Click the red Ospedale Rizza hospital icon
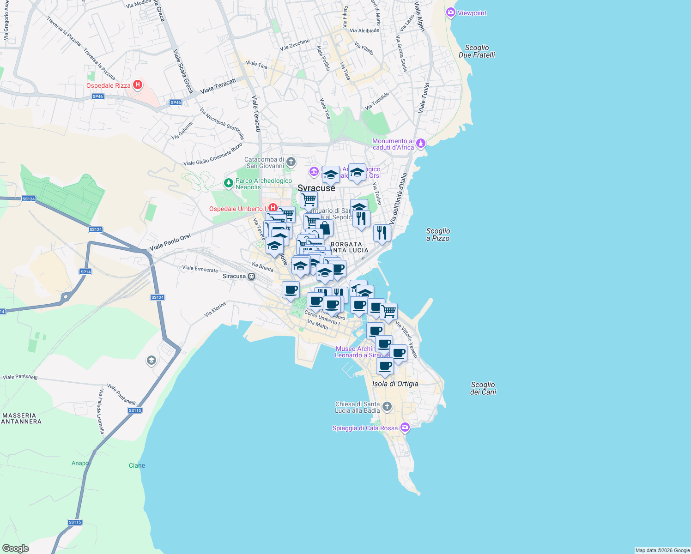click(x=137, y=85)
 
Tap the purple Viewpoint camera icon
click(x=451, y=13)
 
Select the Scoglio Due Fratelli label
click(x=477, y=51)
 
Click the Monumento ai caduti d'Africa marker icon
click(x=421, y=144)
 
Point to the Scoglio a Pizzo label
click(x=438, y=235)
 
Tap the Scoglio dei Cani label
click(x=483, y=388)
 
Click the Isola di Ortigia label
click(x=395, y=384)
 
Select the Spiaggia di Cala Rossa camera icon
click(x=405, y=428)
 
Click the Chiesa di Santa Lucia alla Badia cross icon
click(x=387, y=407)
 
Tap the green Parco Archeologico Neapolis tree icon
click(x=228, y=183)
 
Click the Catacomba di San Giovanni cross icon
click(x=291, y=162)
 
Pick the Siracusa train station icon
click(x=252, y=276)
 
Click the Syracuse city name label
click(x=316, y=188)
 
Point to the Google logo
click(x=15, y=548)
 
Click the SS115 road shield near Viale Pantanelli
click(x=135, y=410)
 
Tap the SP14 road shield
click(x=85, y=272)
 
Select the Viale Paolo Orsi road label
click(x=170, y=243)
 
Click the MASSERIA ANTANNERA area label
click(x=21, y=418)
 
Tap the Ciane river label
click(x=137, y=465)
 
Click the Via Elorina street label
click(x=215, y=309)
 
